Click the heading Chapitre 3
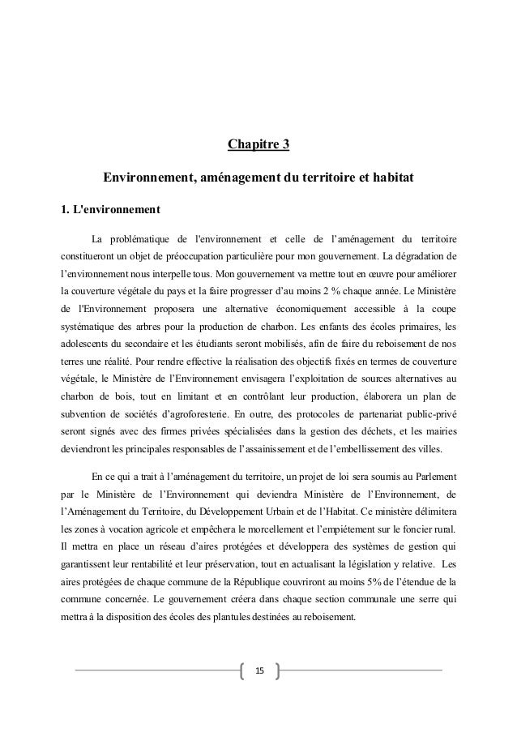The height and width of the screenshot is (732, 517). click(x=258, y=146)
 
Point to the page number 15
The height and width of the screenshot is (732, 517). click(x=259, y=670)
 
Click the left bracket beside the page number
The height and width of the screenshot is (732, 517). click(x=244, y=670)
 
